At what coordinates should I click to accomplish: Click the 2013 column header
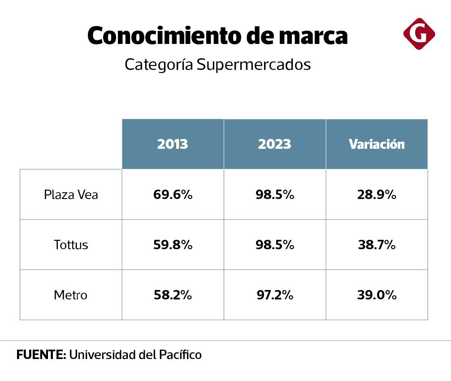(173, 144)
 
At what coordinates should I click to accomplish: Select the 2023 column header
(274, 144)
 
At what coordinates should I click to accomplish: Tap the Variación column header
(377, 144)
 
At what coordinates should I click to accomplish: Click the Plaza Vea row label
(71, 195)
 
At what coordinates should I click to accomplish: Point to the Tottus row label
(71, 245)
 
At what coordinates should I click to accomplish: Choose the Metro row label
(71, 295)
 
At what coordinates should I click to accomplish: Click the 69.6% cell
(173, 195)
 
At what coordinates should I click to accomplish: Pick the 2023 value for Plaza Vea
(274, 195)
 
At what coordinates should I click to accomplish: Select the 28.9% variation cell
(377, 195)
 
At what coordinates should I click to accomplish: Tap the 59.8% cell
(173, 245)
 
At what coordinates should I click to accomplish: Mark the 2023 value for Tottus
(274, 245)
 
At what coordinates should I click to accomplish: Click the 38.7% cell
(377, 245)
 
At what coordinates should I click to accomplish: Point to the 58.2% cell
(173, 295)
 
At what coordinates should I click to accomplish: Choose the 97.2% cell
(274, 295)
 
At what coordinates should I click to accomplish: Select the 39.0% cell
(377, 295)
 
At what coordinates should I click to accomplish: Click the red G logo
(419, 34)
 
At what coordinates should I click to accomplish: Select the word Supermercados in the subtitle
(253, 65)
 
